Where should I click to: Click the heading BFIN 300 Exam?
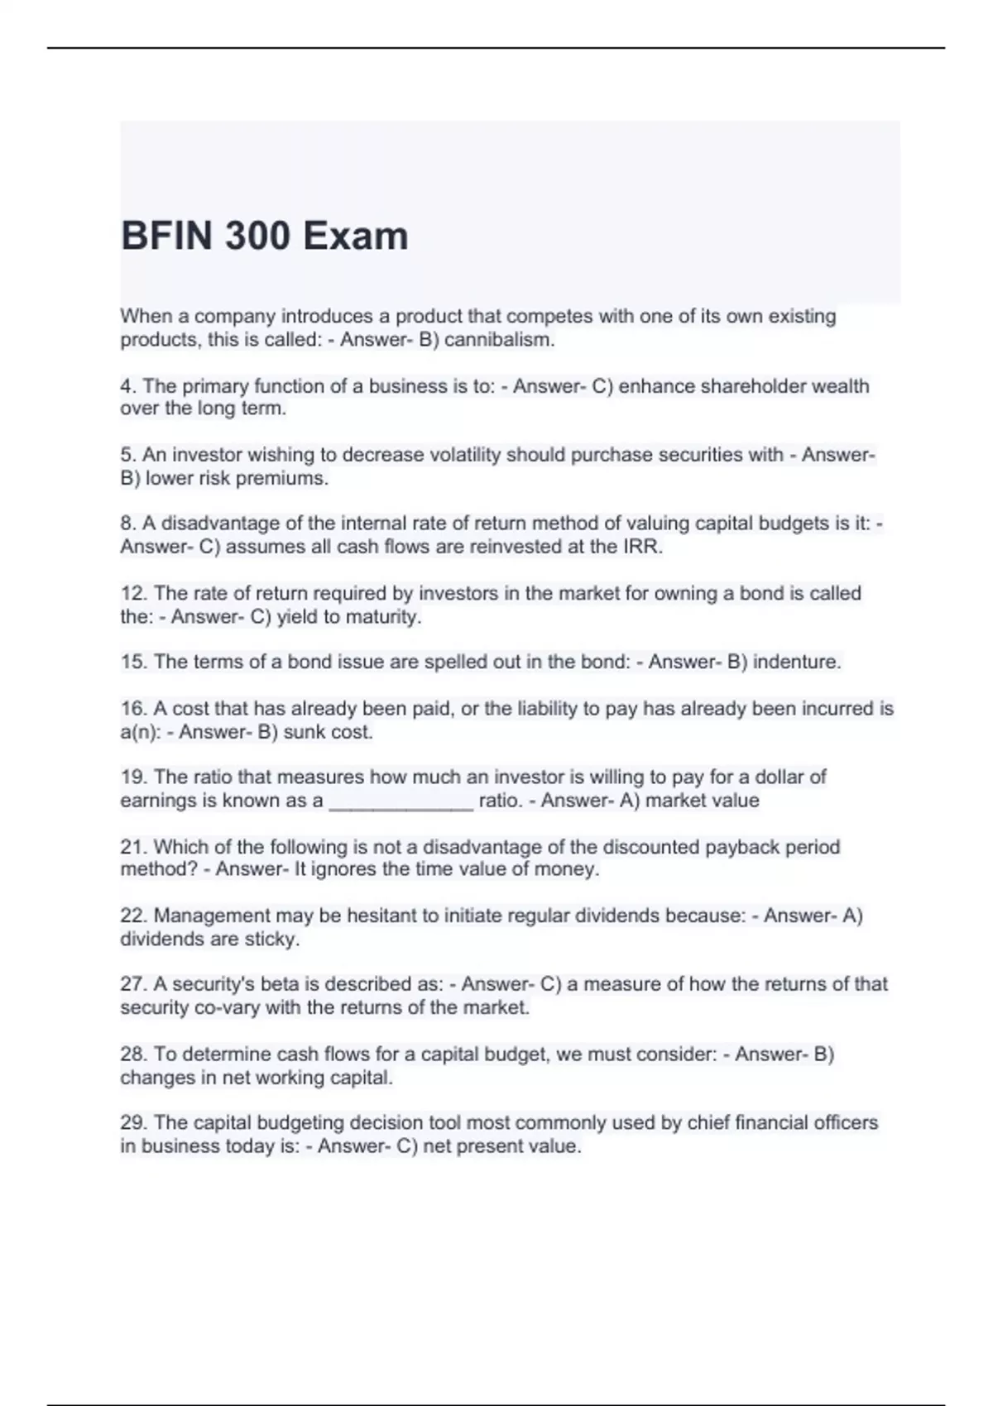[x=264, y=236]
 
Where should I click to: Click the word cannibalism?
[x=499, y=340]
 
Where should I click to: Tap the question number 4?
[x=127, y=386]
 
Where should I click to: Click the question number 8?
[x=127, y=524]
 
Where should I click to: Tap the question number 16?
[x=133, y=709]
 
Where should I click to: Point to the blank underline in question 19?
[x=401, y=802]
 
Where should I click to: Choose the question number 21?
[x=133, y=847]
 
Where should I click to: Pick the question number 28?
[x=133, y=1054]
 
